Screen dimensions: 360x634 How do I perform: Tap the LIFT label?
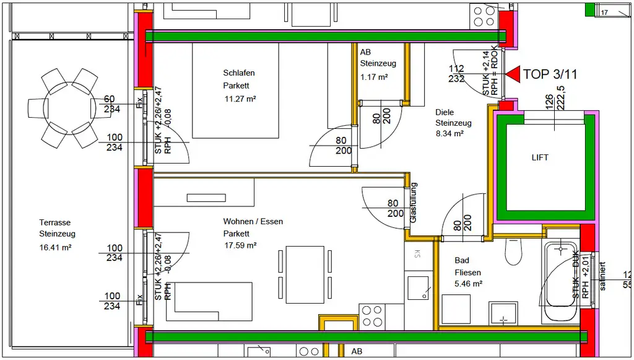[x=540, y=158]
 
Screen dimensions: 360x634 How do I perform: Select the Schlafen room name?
[x=239, y=73]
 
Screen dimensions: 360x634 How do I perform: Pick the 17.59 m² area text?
[x=240, y=245]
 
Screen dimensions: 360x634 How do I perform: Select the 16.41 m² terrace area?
[x=56, y=247]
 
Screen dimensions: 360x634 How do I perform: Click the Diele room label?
[x=445, y=112]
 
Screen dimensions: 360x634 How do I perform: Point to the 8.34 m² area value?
[x=449, y=133]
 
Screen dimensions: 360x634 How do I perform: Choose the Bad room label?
[x=462, y=261]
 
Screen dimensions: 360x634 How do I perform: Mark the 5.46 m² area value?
[x=468, y=284]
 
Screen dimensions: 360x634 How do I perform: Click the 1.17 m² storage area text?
[x=374, y=77]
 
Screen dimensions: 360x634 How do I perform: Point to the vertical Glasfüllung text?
[x=414, y=203]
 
